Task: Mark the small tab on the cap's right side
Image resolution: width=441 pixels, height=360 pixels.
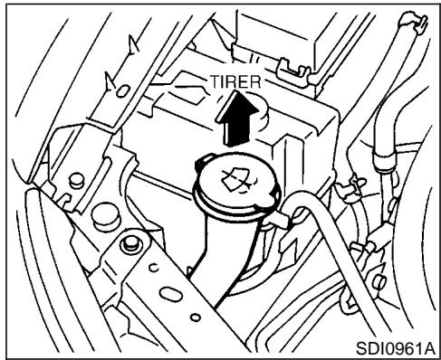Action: coord(286,214)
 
